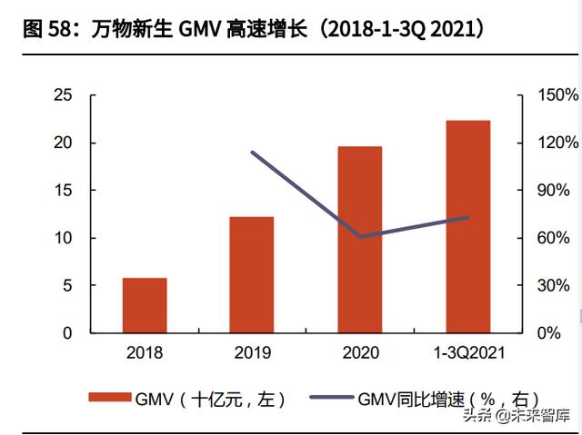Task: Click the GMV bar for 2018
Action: (x=145, y=305)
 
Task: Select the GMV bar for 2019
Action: (x=252, y=274)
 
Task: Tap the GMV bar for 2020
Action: (x=360, y=240)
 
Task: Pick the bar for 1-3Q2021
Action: (x=467, y=226)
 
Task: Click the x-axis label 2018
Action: (x=145, y=352)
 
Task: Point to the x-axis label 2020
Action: (x=360, y=352)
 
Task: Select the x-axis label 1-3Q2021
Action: (x=467, y=352)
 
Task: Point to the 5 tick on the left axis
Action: (x=67, y=285)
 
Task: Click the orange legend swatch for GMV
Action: (x=109, y=398)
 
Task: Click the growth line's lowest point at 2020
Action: (x=360, y=236)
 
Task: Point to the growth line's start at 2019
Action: (x=252, y=153)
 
